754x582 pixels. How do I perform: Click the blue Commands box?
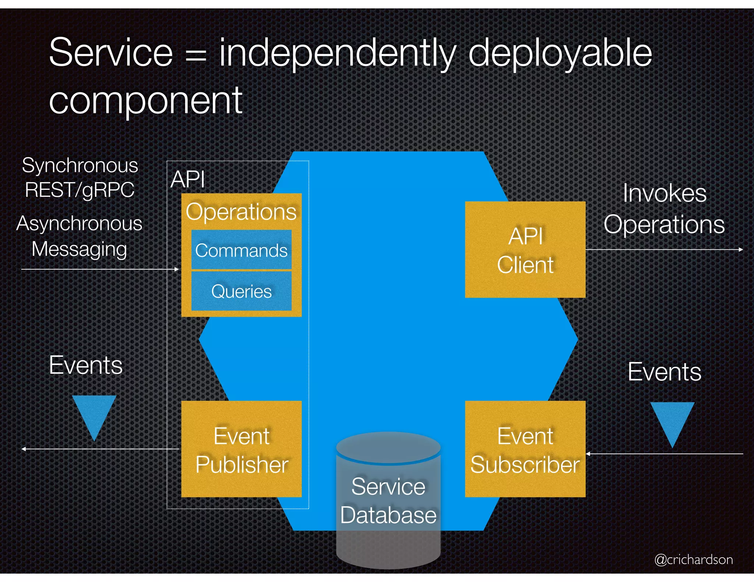point(241,250)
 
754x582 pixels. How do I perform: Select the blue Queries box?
point(241,291)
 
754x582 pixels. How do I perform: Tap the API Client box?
point(525,249)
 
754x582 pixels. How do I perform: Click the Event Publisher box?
point(241,449)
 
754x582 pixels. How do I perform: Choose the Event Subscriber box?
point(525,449)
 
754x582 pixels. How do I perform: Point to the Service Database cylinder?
point(388,500)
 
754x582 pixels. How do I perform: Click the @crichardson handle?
point(693,560)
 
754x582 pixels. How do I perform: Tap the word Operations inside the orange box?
point(241,212)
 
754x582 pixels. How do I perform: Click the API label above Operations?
point(188,179)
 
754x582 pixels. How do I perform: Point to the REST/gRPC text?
point(80,190)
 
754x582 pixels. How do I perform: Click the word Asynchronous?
point(80,224)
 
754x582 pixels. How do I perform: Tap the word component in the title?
point(145,100)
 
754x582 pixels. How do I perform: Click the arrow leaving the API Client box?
point(663,249)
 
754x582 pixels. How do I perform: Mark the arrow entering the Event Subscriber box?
point(663,454)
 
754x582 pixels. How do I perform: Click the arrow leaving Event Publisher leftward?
point(99,449)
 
